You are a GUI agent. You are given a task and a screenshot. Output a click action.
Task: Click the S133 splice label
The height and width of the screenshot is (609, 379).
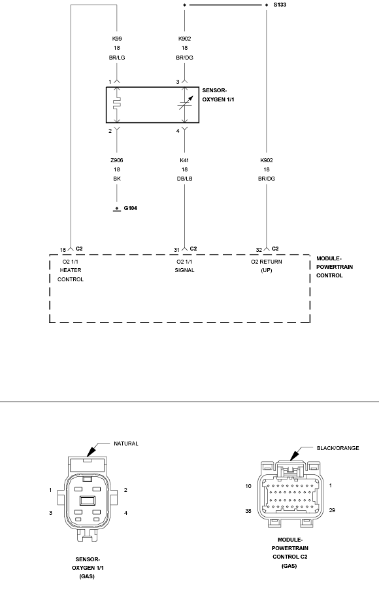tap(280, 5)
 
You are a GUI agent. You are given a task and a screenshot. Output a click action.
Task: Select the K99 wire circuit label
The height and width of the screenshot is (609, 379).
tap(117, 39)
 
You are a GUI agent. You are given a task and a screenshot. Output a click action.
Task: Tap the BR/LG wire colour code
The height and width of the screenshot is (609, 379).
tap(117, 58)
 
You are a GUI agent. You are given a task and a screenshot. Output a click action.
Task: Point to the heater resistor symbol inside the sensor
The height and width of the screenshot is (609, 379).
tap(117, 104)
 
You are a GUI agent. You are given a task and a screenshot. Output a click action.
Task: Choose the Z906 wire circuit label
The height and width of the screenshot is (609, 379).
tap(117, 160)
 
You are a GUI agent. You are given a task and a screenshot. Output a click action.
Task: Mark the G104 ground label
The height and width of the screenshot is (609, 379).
tap(130, 208)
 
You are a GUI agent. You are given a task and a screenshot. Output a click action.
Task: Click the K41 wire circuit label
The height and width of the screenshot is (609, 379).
tap(185, 160)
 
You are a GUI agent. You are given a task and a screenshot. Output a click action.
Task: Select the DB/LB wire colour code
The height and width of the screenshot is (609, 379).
tap(185, 179)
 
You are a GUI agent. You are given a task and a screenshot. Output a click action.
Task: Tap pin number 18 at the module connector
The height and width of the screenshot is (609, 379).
tap(63, 250)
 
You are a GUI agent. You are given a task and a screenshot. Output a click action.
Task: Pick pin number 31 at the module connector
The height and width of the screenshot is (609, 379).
tap(177, 250)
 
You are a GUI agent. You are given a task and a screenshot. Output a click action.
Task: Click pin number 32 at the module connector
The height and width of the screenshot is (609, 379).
tap(259, 250)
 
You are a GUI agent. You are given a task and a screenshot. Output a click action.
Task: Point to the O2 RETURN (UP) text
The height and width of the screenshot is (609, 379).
tap(267, 266)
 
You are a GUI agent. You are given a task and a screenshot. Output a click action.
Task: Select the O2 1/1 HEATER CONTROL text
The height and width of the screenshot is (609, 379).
tap(71, 270)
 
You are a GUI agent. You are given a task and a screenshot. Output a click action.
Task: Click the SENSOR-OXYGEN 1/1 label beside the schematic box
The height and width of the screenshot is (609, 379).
tap(218, 95)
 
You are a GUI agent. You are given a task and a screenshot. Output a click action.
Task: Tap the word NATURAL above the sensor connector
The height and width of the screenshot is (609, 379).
tap(126, 444)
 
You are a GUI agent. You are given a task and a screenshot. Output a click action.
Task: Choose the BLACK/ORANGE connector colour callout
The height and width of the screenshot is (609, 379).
tap(338, 448)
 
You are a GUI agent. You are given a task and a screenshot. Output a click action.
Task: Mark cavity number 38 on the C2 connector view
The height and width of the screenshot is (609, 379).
tap(248, 511)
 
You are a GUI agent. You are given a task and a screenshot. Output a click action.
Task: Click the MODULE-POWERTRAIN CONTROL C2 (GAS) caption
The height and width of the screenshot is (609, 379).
tap(289, 553)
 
